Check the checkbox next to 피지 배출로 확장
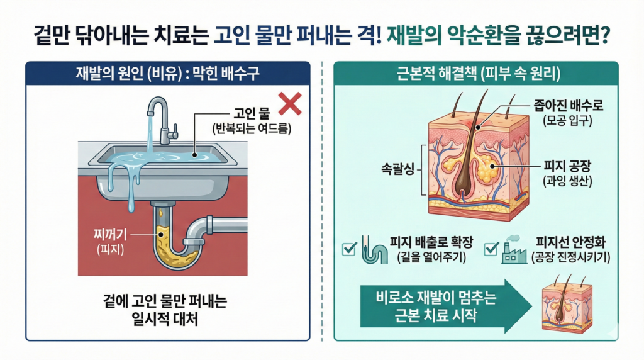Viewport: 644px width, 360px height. coord(348,249)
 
